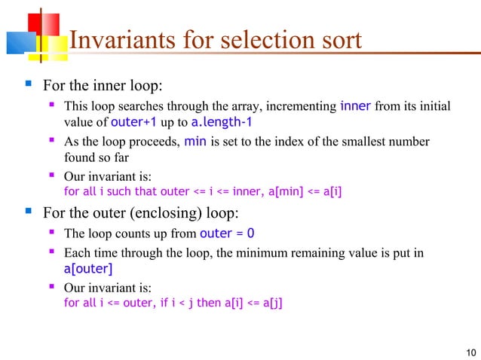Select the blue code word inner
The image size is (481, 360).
(x=355, y=105)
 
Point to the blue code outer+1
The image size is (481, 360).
(x=134, y=122)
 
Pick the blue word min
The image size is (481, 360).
(x=196, y=142)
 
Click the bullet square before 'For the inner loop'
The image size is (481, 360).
(x=17, y=82)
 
